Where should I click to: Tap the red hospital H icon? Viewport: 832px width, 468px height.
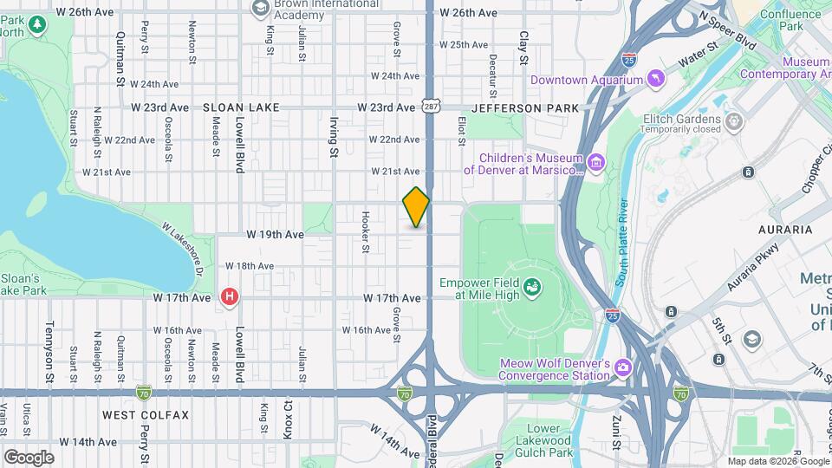tap(230, 297)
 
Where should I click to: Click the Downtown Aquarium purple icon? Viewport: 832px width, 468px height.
tap(659, 80)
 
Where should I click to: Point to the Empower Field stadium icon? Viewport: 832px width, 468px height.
tap(534, 285)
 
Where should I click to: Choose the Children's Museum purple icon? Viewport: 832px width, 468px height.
tap(595, 163)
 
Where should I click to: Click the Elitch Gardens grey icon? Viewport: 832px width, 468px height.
tap(735, 120)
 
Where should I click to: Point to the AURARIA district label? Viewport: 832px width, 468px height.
tap(785, 230)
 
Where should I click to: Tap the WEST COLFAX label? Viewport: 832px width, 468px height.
tap(146, 415)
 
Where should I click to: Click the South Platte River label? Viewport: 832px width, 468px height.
tap(622, 243)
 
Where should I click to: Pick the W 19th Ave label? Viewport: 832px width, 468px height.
tap(275, 235)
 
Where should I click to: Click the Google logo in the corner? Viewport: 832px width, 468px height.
tap(29, 457)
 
